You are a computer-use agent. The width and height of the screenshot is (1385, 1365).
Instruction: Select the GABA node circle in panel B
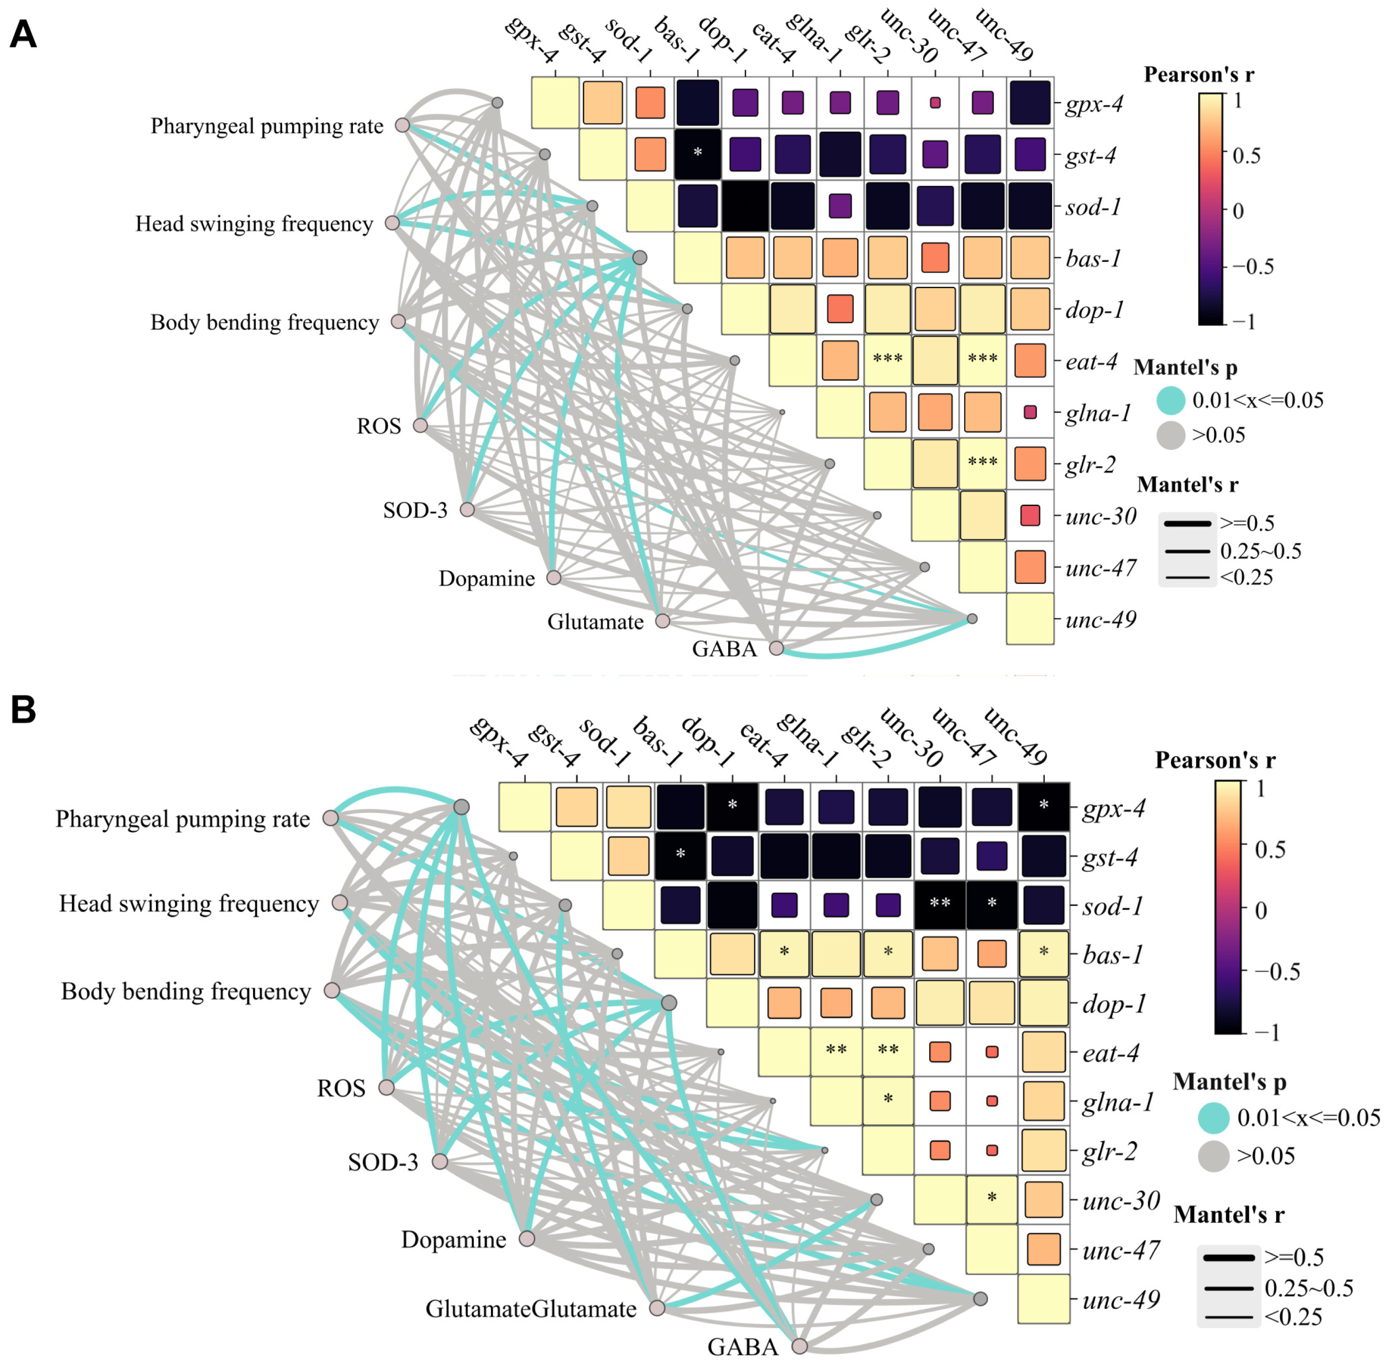[x=799, y=1346]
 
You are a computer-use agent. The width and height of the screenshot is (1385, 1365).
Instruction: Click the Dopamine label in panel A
[x=487, y=579]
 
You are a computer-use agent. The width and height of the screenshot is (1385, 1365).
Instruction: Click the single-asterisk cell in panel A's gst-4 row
[x=698, y=154]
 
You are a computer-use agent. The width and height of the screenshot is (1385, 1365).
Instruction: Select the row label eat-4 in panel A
[x=1091, y=362]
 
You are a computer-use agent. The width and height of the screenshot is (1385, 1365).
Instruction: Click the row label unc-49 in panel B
[x=1121, y=1299]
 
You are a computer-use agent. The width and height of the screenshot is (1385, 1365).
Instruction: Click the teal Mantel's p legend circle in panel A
[x=1171, y=400]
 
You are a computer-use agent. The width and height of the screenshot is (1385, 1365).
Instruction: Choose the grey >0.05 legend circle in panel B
[x=1214, y=1156]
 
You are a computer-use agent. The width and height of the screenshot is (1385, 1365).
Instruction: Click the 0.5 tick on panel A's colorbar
[x=1246, y=155]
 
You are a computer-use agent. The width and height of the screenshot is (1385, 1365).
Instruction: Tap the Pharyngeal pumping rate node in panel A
[x=403, y=125]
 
